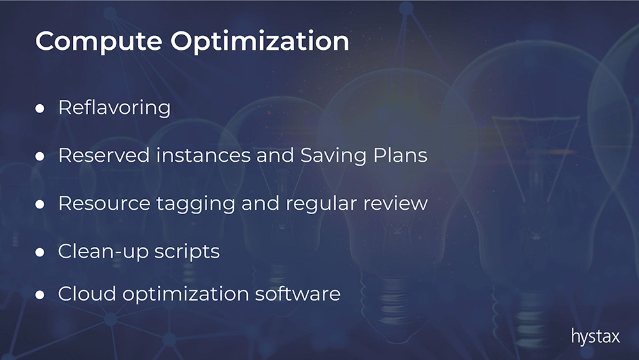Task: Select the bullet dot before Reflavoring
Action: point(40,109)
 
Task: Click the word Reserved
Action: point(104,155)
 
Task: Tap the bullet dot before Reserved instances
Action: point(40,156)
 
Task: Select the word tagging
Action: point(196,204)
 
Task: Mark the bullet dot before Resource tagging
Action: point(40,204)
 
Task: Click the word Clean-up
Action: point(103,252)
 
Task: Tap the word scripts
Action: point(187,252)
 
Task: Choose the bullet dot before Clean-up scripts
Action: point(40,253)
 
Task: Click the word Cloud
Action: point(87,294)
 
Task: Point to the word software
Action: point(298,294)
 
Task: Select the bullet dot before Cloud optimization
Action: point(40,295)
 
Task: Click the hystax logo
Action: point(596,337)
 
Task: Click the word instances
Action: point(203,155)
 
